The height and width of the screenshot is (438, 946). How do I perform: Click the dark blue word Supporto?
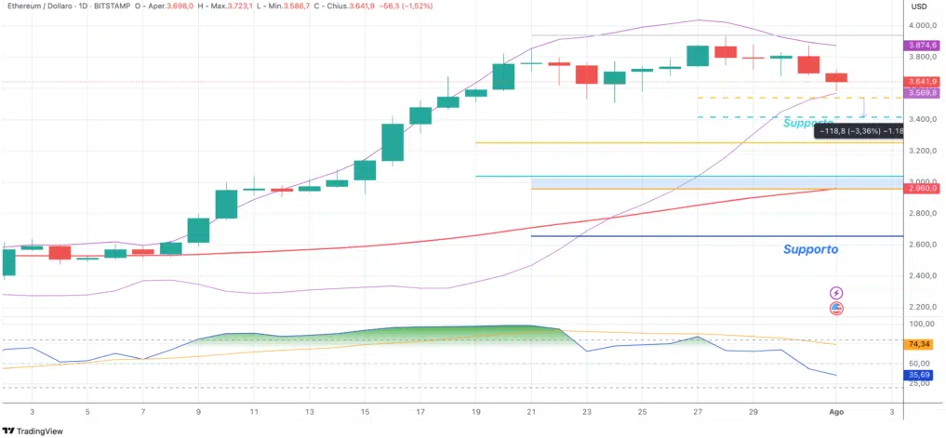pyautogui.click(x=810, y=249)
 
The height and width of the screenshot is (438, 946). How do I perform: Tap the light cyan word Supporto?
pyautogui.click(x=807, y=123)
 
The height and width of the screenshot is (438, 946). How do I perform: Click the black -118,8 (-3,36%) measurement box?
pyautogui.click(x=859, y=131)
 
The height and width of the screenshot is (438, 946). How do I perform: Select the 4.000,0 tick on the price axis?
pyautogui.click(x=923, y=26)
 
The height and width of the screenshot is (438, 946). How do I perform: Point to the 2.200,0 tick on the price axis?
pyautogui.click(x=923, y=307)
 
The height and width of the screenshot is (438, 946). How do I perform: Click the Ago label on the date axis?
pyautogui.click(x=835, y=412)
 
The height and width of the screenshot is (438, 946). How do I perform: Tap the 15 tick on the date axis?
pyautogui.click(x=365, y=412)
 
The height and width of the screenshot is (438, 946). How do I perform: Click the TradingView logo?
pyautogui.click(x=33, y=431)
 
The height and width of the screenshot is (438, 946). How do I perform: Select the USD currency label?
pyautogui.click(x=919, y=7)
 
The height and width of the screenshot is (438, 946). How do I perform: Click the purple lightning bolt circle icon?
pyautogui.click(x=836, y=293)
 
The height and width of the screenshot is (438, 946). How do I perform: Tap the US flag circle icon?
pyautogui.click(x=836, y=309)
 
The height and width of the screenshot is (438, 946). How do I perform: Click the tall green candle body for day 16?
pyautogui.click(x=393, y=142)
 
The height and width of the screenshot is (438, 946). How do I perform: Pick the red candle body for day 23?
pyautogui.click(x=586, y=74)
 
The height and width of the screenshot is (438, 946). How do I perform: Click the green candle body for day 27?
pyautogui.click(x=698, y=56)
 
